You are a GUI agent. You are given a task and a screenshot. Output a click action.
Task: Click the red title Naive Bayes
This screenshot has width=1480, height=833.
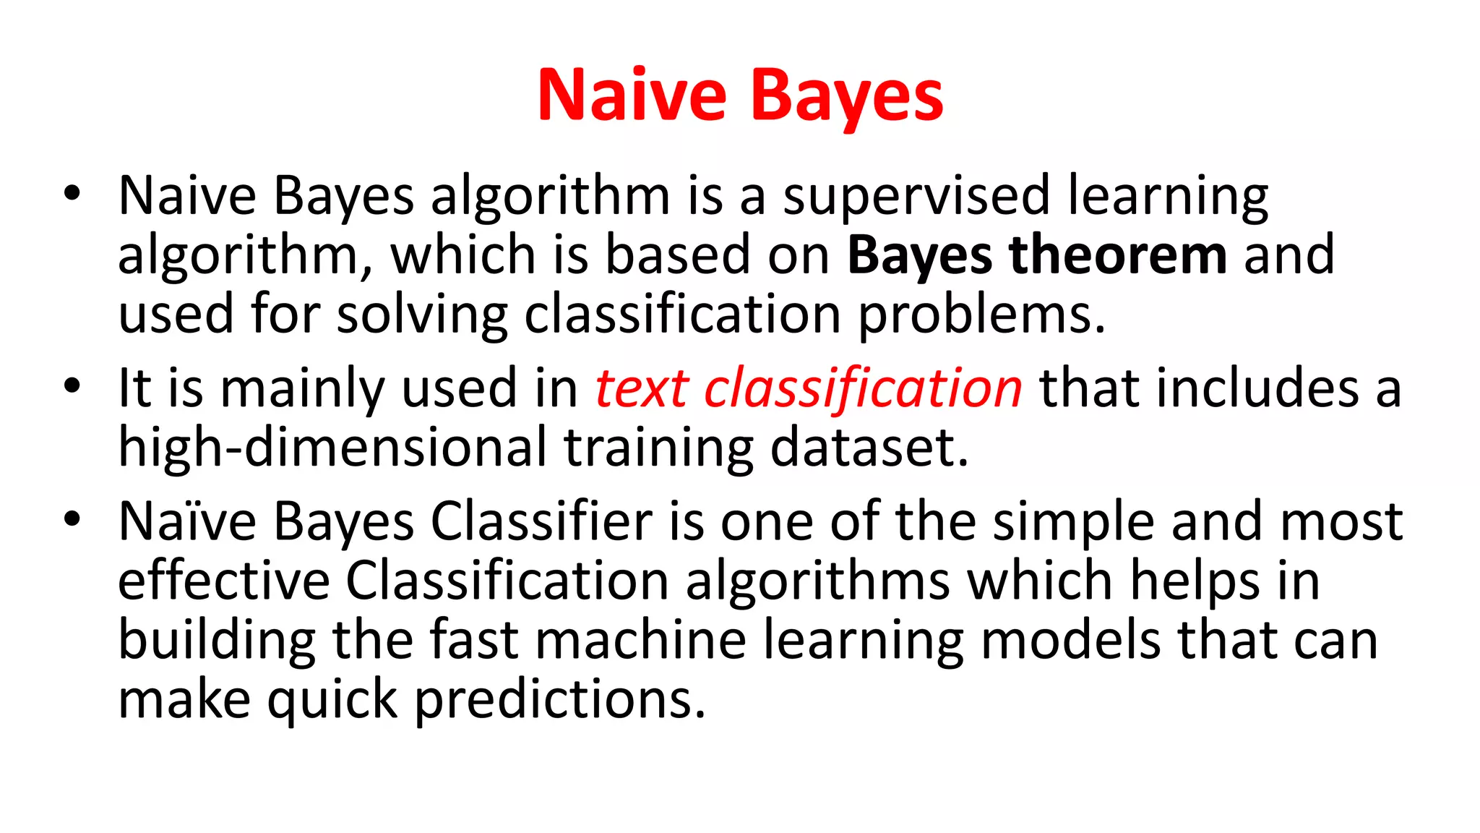tap(740, 95)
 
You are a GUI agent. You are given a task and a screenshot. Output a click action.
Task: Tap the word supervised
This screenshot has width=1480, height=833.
tap(916, 196)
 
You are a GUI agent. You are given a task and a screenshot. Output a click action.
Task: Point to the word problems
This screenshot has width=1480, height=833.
tap(981, 315)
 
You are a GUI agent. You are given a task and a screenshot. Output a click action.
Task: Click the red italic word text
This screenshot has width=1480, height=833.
tap(641, 388)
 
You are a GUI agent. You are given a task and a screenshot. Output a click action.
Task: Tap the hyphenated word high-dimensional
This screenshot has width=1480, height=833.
tap(332, 448)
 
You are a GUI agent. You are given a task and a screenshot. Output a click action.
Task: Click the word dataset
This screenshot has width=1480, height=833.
tap(869, 448)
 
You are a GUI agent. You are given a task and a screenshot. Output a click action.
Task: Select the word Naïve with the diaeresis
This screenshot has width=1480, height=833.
tap(187, 521)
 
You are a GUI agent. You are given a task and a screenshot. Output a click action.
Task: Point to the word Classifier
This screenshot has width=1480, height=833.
tap(541, 521)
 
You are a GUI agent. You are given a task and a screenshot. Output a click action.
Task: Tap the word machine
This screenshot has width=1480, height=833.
tap(640, 641)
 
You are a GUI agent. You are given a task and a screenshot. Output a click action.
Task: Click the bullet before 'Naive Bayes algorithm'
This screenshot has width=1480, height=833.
tap(72, 193)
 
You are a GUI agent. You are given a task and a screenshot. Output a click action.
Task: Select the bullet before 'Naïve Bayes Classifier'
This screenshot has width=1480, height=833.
tap(72, 518)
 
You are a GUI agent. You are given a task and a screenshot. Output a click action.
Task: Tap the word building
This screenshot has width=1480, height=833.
tap(217, 641)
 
